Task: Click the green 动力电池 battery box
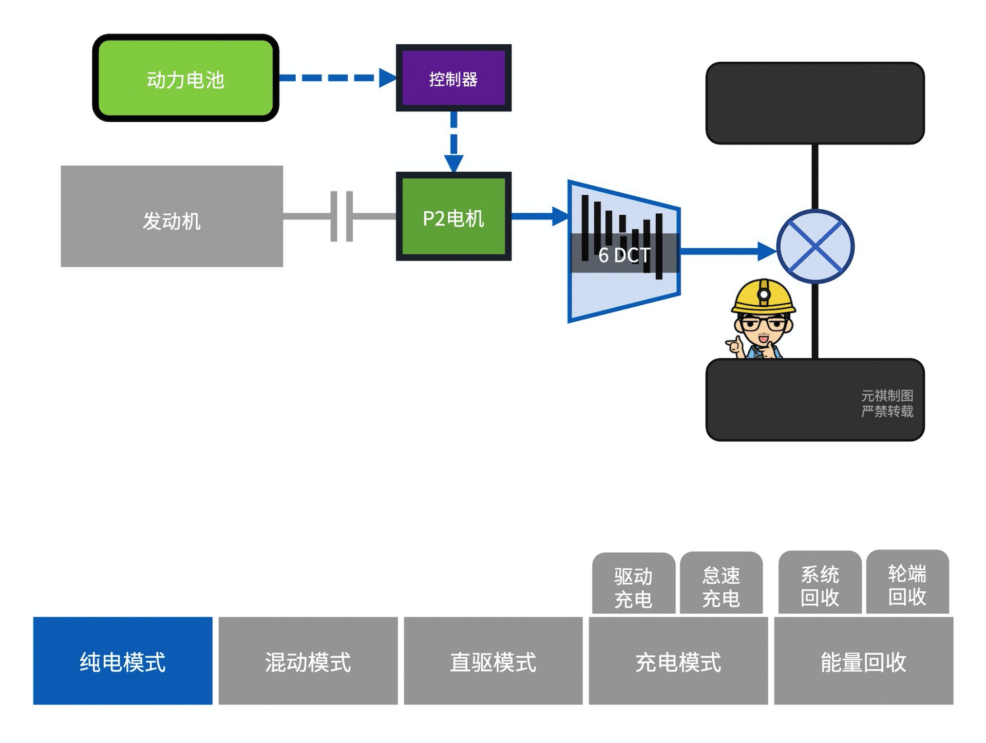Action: pos(185,78)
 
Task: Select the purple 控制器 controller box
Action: pos(453,78)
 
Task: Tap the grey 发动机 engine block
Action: pos(172,216)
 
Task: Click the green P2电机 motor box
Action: pos(453,216)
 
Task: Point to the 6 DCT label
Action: pos(624,255)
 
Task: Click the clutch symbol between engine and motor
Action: pos(342,216)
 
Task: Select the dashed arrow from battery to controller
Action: pos(336,78)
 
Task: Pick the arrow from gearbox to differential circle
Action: pos(727,251)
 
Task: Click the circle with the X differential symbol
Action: pos(815,247)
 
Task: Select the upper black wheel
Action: pos(815,103)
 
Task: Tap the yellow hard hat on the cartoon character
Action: pos(763,297)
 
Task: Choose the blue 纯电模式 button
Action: pos(123,661)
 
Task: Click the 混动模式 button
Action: pos(308,661)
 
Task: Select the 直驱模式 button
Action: pos(493,661)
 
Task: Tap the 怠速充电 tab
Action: pos(721,586)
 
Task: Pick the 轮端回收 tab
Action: pos(907,584)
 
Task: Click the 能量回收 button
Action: pos(863,661)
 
